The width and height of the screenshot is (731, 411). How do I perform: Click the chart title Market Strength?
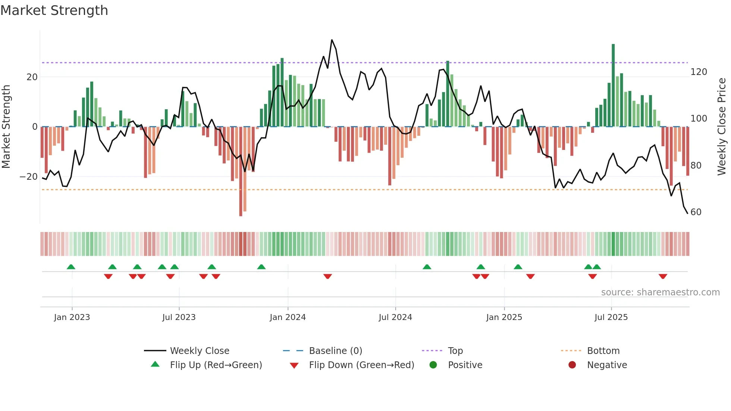tap(54, 10)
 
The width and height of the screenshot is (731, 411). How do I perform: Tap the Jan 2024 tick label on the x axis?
tap(288, 317)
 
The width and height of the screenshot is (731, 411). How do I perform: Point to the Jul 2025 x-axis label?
tap(611, 317)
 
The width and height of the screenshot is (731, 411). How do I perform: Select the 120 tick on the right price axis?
tap(699, 72)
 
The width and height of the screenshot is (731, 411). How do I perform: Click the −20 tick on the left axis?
tap(29, 177)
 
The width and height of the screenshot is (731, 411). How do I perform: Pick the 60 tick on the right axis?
tap(696, 212)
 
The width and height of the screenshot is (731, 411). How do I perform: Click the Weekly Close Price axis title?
tap(722, 127)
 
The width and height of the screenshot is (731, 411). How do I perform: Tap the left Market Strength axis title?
tap(6, 127)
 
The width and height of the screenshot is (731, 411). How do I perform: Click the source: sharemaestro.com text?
tap(660, 292)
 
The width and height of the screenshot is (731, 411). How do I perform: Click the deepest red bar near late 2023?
tap(241, 172)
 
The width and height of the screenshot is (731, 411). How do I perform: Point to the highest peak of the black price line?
tap(332, 40)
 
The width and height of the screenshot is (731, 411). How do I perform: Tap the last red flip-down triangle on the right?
tap(663, 276)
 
